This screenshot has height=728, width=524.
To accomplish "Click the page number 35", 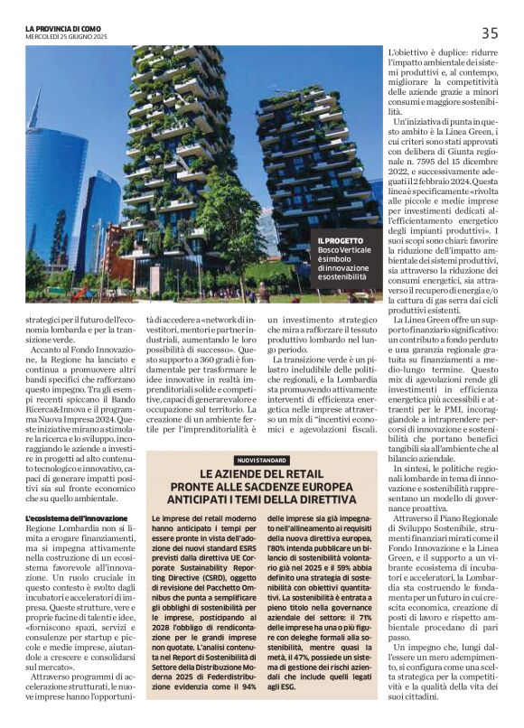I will (489, 33).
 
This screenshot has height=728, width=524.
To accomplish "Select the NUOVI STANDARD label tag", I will (261, 461).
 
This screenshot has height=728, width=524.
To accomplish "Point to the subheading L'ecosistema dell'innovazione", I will (76, 518).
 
